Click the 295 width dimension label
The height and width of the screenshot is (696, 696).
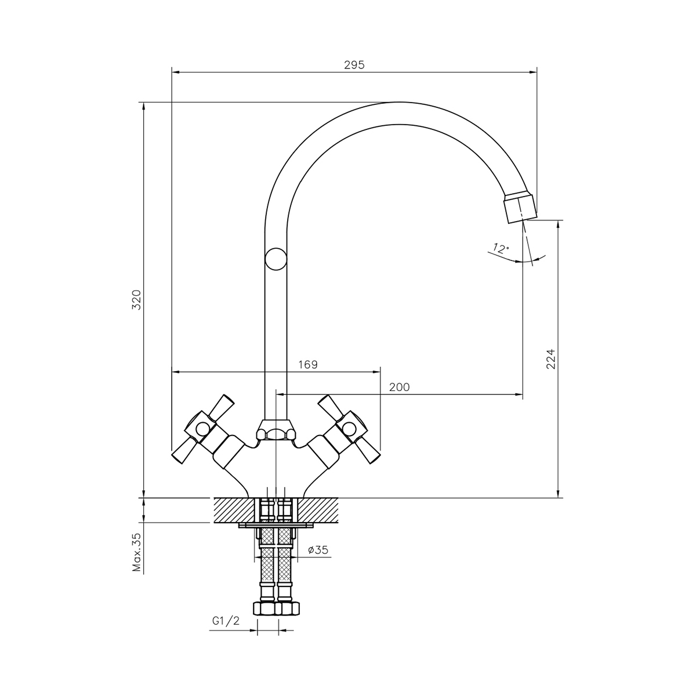[354, 64]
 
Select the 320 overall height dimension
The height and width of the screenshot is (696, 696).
[136, 300]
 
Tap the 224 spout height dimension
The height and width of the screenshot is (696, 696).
[550, 358]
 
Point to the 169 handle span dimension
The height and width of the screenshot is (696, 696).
[308, 364]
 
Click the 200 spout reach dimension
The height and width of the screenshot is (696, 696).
[399, 387]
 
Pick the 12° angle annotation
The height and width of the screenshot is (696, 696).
[501, 248]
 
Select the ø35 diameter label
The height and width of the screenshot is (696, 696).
[318, 550]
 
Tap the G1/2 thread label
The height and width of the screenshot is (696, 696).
[226, 621]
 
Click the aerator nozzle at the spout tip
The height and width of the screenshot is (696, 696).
[520, 208]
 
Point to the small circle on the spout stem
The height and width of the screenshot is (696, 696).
[275, 259]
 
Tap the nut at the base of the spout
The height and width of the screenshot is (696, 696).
[275, 430]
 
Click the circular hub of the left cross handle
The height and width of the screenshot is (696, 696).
[201, 429]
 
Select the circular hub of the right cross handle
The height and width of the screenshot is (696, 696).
[349, 429]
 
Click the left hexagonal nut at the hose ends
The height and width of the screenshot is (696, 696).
[264, 608]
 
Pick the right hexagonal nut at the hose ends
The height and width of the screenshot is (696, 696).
[288, 608]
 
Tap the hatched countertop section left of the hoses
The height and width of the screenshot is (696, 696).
[235, 510]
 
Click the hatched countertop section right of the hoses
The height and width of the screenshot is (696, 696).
[317, 510]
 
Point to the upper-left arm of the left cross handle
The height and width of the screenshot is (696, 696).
[222, 405]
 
